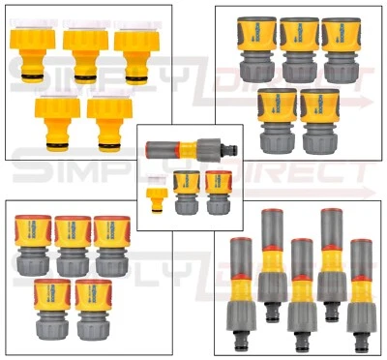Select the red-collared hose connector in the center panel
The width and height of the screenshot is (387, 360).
[219, 192]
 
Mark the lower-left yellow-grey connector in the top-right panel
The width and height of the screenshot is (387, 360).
[278, 120]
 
